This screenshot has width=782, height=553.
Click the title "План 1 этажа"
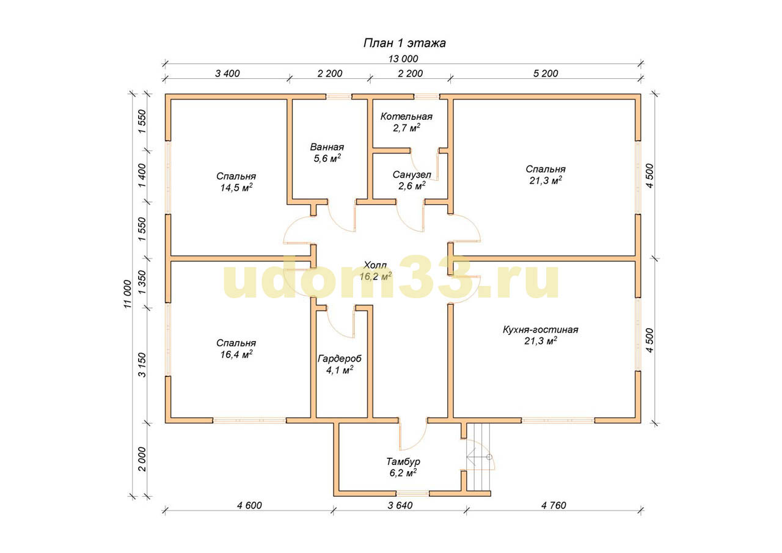pyautogui.click(x=404, y=43)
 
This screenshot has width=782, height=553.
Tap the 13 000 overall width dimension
pyautogui.click(x=403, y=59)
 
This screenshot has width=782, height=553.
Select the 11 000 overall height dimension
pyautogui.click(x=128, y=293)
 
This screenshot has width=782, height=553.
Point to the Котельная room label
pyautogui.click(x=406, y=117)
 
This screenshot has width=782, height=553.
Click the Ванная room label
pyautogui.click(x=327, y=147)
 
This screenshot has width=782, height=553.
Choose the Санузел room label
pyautogui.click(x=412, y=175)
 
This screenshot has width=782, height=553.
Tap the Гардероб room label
pyautogui.click(x=340, y=359)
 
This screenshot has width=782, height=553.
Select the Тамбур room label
pyautogui.click(x=403, y=461)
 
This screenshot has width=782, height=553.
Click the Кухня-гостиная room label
pyautogui.click(x=541, y=329)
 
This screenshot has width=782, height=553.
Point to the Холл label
pyautogui.click(x=375, y=265)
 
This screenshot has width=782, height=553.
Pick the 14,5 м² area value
pyautogui.click(x=236, y=188)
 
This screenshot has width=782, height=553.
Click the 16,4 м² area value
pyautogui.click(x=236, y=354)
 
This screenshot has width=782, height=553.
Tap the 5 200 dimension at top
pyautogui.click(x=546, y=74)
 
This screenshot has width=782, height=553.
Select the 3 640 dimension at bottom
pyautogui.click(x=400, y=505)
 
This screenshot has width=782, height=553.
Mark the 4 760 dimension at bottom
pyautogui.click(x=554, y=505)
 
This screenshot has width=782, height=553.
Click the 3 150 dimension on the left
pyautogui.click(x=142, y=365)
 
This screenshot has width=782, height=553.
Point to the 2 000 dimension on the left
pyautogui.click(x=142, y=459)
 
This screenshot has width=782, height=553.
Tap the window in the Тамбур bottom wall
pyautogui.click(x=412, y=493)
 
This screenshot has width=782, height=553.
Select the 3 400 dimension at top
pyautogui.click(x=227, y=74)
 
